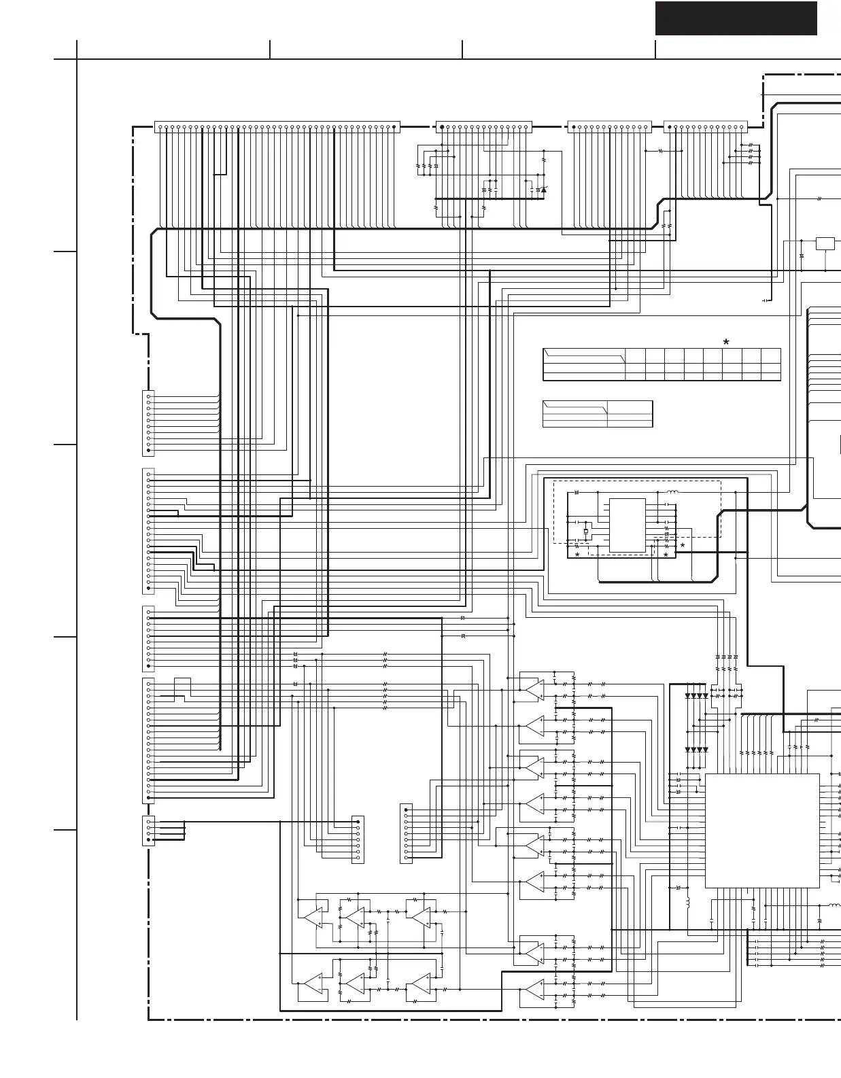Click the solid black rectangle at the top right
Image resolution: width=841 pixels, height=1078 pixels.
point(736,18)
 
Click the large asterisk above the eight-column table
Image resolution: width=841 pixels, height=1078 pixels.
point(726,342)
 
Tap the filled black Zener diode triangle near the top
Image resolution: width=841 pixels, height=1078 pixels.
point(544,190)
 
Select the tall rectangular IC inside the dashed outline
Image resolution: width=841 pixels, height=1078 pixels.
point(627,525)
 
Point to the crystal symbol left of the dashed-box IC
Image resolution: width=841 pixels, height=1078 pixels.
point(585,532)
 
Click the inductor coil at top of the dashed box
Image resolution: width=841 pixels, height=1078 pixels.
point(672,491)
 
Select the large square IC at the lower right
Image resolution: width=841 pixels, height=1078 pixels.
point(761,830)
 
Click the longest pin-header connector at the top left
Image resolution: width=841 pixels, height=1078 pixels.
point(277,126)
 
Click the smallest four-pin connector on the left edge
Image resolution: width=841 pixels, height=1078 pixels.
point(148,831)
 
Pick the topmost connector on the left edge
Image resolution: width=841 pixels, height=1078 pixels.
point(148,423)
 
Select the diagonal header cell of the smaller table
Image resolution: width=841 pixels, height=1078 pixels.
point(574,407)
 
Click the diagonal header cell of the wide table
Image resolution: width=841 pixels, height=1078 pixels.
point(584,356)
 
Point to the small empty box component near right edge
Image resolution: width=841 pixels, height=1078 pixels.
point(825,243)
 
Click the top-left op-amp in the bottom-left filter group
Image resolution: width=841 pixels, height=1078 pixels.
point(313,918)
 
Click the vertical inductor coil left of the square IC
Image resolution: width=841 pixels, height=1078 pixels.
point(687,903)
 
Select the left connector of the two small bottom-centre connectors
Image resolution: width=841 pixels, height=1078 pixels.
point(358,839)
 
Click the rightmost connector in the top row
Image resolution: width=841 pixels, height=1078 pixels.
point(705,126)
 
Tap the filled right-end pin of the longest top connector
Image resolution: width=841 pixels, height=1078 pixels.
point(394,126)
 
